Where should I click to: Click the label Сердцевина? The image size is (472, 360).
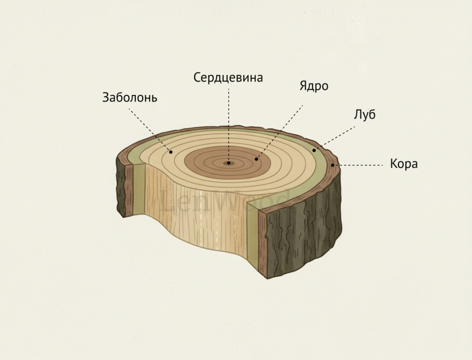point(228,77)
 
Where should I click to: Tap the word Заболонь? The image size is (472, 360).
point(130,98)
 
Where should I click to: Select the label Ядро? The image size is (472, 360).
point(313,86)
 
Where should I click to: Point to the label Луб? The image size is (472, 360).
point(365,115)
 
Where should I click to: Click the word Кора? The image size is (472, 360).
point(404,164)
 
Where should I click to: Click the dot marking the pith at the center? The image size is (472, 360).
point(229,163)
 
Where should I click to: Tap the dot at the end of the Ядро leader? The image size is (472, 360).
point(256,159)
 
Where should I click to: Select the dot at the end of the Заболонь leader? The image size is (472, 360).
point(171,152)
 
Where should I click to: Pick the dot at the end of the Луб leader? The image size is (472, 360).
point(314,150)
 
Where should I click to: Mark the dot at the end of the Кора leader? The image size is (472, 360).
point(333,165)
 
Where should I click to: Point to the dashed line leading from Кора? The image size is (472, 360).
point(358,165)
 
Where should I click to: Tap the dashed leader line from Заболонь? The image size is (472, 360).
point(150,130)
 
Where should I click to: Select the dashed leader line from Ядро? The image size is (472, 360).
point(280,132)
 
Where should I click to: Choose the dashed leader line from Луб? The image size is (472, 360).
point(335,138)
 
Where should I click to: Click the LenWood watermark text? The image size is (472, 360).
point(224,200)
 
